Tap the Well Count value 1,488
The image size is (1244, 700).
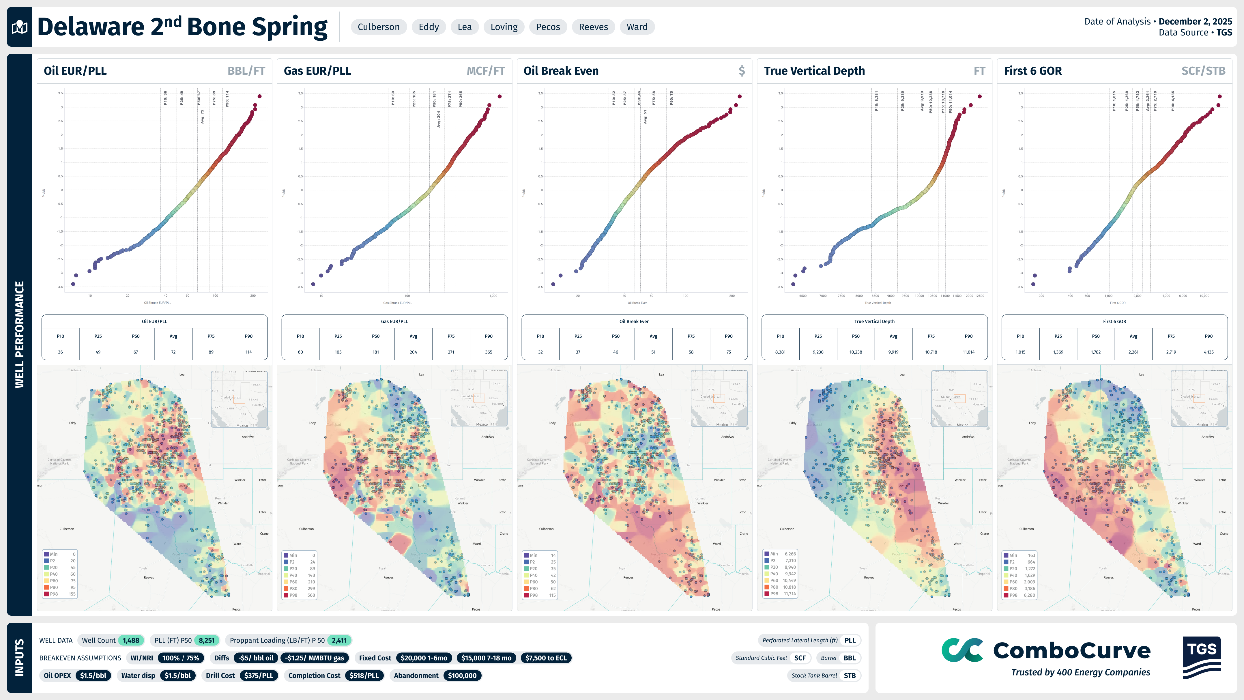click(131, 640)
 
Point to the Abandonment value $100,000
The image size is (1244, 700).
click(462, 675)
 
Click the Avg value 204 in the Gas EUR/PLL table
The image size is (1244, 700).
click(414, 352)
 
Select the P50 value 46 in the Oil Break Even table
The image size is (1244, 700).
click(616, 352)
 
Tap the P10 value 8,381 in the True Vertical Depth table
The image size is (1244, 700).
click(780, 352)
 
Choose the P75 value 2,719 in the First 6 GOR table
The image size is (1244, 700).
click(1171, 352)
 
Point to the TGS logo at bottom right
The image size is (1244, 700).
click(1202, 657)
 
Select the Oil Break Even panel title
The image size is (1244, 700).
click(561, 71)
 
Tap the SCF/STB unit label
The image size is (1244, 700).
click(1203, 71)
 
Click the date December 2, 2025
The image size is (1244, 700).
click(1195, 21)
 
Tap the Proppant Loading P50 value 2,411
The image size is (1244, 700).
click(339, 640)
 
